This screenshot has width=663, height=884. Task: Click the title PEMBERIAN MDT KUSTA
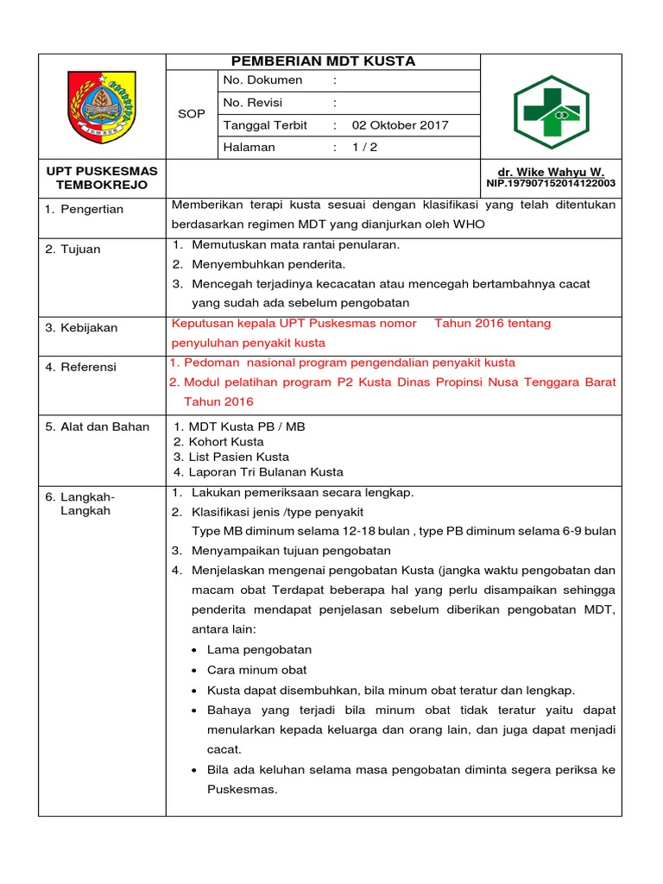pos(323,61)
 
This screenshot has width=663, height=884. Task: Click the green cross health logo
pos(551,106)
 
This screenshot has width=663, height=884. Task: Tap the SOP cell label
pos(191,114)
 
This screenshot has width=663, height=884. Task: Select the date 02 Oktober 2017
pos(400,125)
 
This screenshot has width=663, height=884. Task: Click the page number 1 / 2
pos(364,148)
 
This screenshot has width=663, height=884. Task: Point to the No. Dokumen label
pos(263,80)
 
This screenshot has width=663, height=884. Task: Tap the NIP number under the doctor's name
pos(551,184)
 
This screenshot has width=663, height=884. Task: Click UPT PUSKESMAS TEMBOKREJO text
pos(102,178)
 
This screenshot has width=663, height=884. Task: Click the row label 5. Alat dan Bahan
pos(98,426)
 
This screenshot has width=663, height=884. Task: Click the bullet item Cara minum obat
pos(256,670)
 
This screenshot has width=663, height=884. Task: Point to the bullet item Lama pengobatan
pos(259,649)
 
